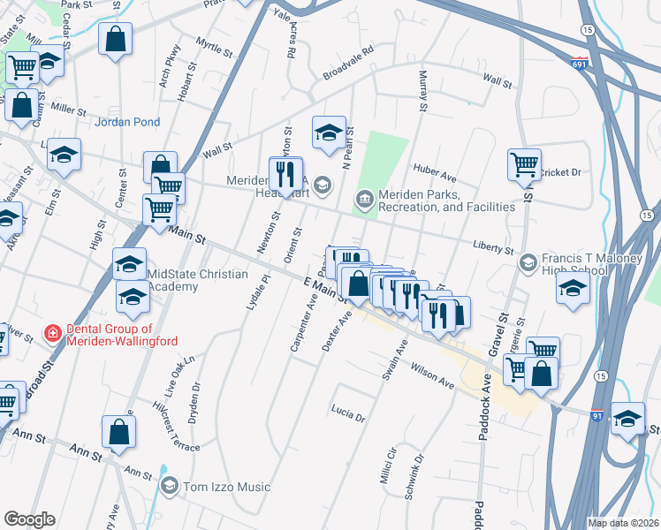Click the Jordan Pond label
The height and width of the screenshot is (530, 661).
pos(126,122)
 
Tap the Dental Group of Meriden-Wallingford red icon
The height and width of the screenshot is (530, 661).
pos(54,333)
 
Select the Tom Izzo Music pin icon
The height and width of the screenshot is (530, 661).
pos(170,485)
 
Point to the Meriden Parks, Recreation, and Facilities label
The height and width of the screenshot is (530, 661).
pos(445,201)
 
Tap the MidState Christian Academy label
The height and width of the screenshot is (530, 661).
pos(198,280)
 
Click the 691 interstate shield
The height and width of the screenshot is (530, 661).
pos(579,64)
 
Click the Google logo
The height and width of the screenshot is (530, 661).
pos(29,519)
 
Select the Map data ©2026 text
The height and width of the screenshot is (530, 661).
pos(623,523)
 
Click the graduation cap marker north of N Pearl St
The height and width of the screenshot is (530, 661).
pos(329,132)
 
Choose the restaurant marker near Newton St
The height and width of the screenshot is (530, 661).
pos(285,173)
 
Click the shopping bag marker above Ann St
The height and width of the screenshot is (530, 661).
pos(119,432)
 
